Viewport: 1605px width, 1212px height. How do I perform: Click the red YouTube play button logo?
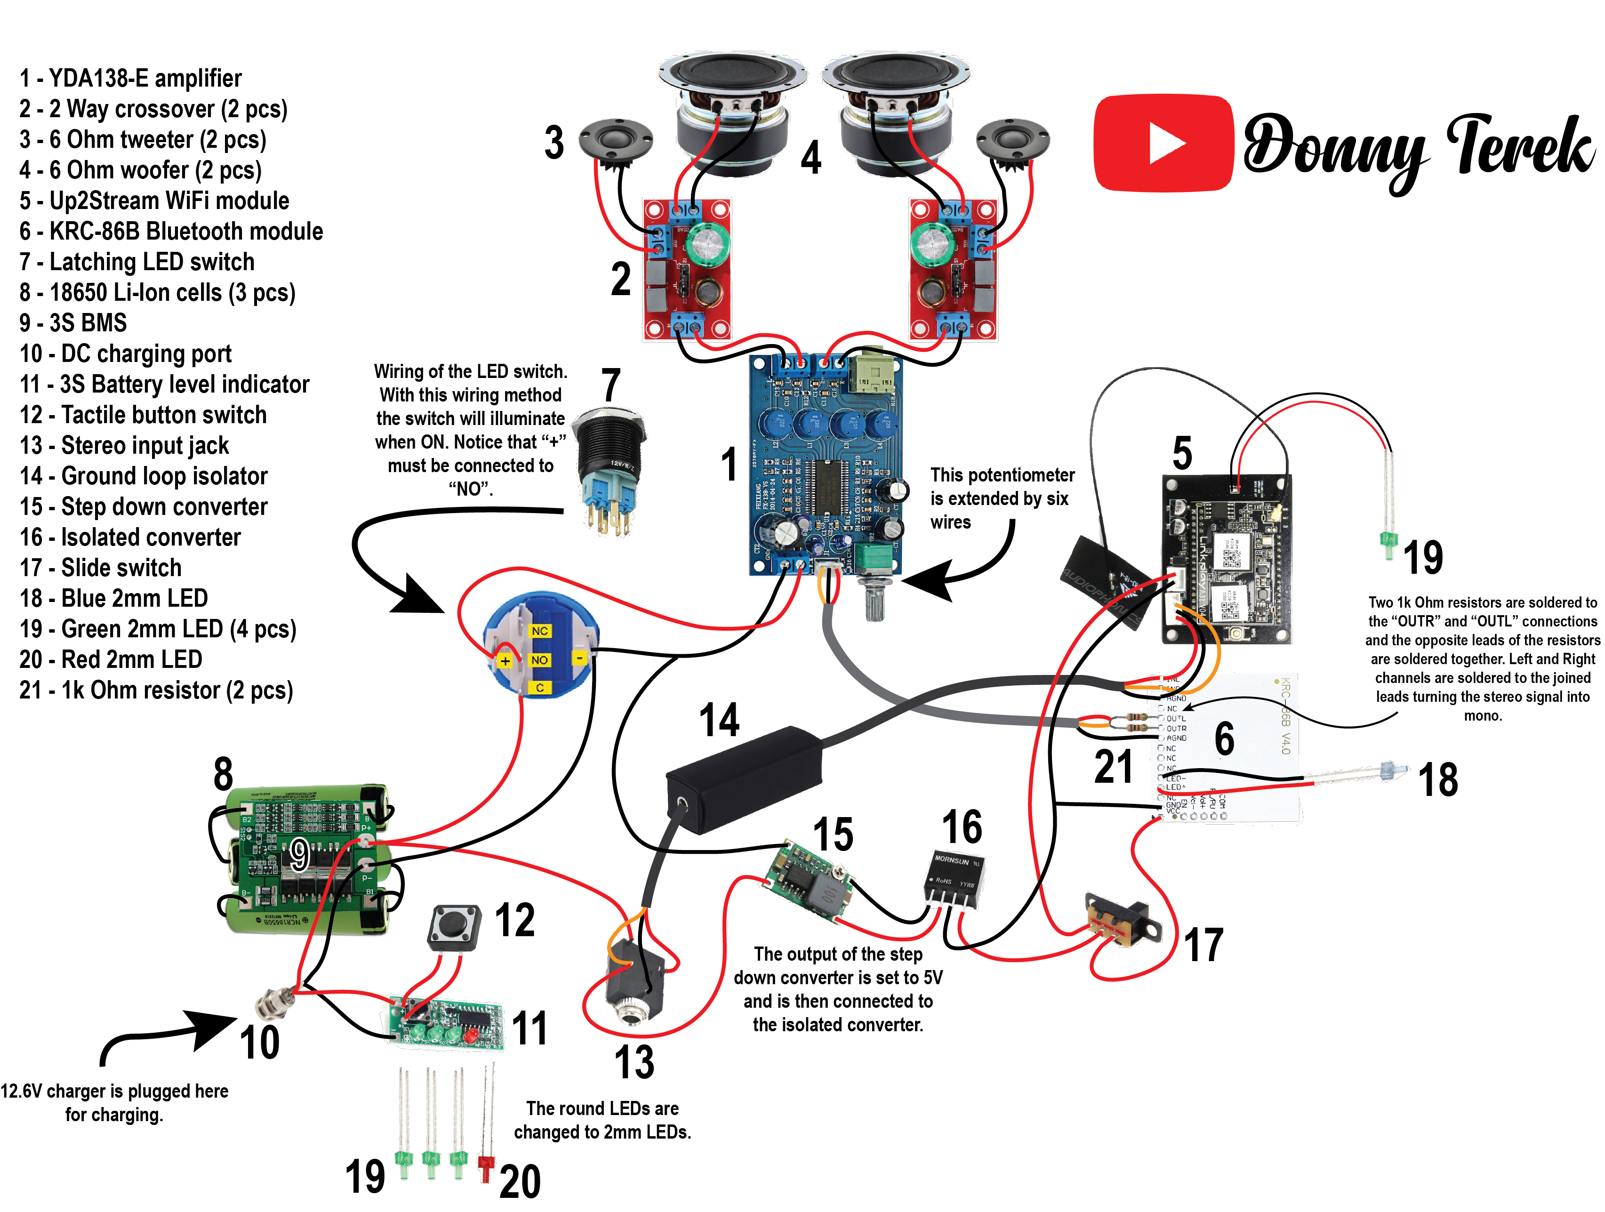click(x=1163, y=143)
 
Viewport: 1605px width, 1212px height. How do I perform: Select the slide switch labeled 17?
click(x=1122, y=920)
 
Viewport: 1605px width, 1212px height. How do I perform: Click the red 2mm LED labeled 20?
click(x=485, y=1165)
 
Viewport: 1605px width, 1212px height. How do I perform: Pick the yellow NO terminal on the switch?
click(x=539, y=660)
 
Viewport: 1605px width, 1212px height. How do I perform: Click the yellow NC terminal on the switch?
click(x=539, y=631)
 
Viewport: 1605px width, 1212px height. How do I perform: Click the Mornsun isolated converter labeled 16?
click(x=955, y=880)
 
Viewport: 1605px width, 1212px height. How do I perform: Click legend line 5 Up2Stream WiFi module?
click(x=154, y=201)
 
